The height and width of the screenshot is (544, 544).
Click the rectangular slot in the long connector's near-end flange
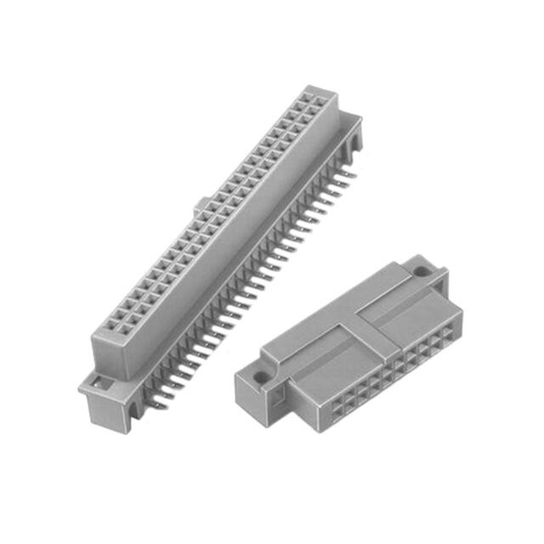100,384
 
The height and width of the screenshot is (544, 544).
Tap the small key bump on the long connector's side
201,205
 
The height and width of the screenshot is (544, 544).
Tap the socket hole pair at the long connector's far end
316,103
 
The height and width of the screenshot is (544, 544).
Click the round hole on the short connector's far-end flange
420,273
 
